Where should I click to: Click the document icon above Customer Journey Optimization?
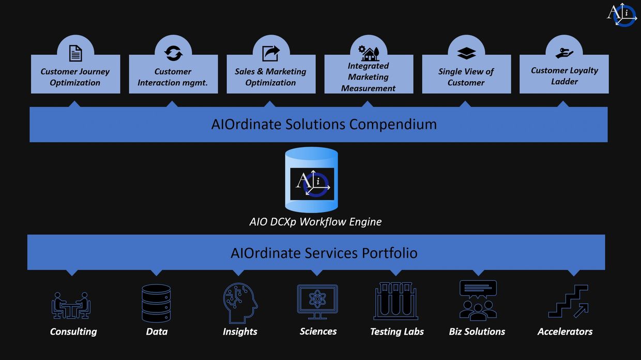(x=75, y=53)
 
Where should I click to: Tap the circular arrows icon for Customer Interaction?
(x=173, y=53)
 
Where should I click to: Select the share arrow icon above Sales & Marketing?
(x=271, y=53)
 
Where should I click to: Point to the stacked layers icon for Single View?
(x=466, y=53)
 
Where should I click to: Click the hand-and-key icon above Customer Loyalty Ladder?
(x=564, y=53)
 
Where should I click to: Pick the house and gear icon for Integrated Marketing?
(x=369, y=53)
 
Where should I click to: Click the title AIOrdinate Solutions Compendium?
(x=324, y=124)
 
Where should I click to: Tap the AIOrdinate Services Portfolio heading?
(x=324, y=253)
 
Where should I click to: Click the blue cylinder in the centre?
(x=312, y=179)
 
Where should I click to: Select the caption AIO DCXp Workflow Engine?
(x=315, y=222)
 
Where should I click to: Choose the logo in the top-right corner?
(x=622, y=14)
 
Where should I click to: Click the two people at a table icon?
(x=71, y=305)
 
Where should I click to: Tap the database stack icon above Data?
(x=156, y=303)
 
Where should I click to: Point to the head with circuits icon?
(x=240, y=303)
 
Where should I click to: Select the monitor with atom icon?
(x=317, y=302)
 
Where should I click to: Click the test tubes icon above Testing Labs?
(x=396, y=301)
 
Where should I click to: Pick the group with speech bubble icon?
(x=478, y=301)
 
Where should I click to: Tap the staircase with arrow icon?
(x=568, y=301)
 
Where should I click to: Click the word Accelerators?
(x=565, y=332)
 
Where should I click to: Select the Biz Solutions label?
(x=477, y=332)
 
